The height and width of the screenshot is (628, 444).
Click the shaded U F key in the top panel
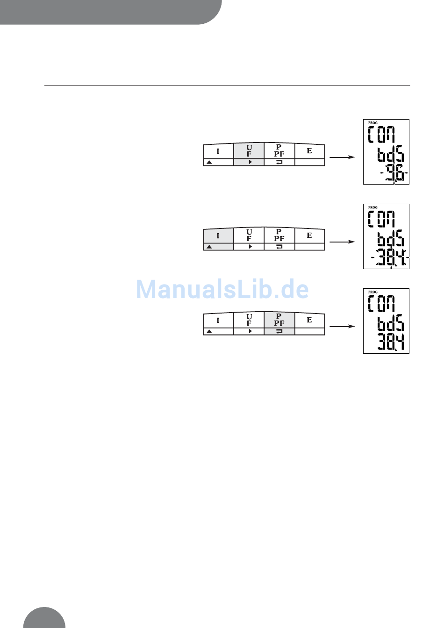click(249, 151)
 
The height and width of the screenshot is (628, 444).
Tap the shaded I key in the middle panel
click(218, 236)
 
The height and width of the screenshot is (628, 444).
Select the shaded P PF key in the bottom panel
click(279, 320)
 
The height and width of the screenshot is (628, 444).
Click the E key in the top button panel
click(309, 151)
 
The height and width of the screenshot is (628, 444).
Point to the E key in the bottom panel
click(309, 320)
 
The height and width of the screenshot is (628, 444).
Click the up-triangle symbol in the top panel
click(209, 162)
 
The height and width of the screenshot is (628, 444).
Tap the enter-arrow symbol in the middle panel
click(279, 247)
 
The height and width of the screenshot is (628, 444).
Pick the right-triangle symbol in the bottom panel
click(250, 331)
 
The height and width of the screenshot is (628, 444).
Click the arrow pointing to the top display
click(342, 157)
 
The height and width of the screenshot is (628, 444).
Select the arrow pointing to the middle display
click(342, 242)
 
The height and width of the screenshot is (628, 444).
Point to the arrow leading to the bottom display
click(342, 327)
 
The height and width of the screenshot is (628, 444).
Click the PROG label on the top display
click(373, 123)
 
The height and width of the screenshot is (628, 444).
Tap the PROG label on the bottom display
click(373, 292)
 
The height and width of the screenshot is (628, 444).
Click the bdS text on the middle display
click(391, 239)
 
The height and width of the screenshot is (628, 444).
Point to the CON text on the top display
click(381, 135)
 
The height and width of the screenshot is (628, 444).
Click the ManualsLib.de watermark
click(222, 290)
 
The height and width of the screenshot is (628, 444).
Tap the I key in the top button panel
click(218, 151)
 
